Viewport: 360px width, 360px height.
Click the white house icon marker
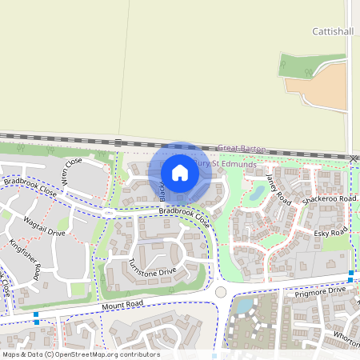point(180,172)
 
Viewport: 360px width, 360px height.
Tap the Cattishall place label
point(329,31)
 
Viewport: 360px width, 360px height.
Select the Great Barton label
point(241,149)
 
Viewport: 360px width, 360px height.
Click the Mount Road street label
point(122,306)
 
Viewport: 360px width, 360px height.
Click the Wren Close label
point(72,171)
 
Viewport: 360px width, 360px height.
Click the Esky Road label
point(331,233)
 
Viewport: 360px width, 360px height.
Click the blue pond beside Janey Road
point(257,192)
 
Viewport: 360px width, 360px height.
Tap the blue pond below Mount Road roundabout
point(243,305)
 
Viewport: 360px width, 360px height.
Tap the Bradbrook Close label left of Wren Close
point(30,186)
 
